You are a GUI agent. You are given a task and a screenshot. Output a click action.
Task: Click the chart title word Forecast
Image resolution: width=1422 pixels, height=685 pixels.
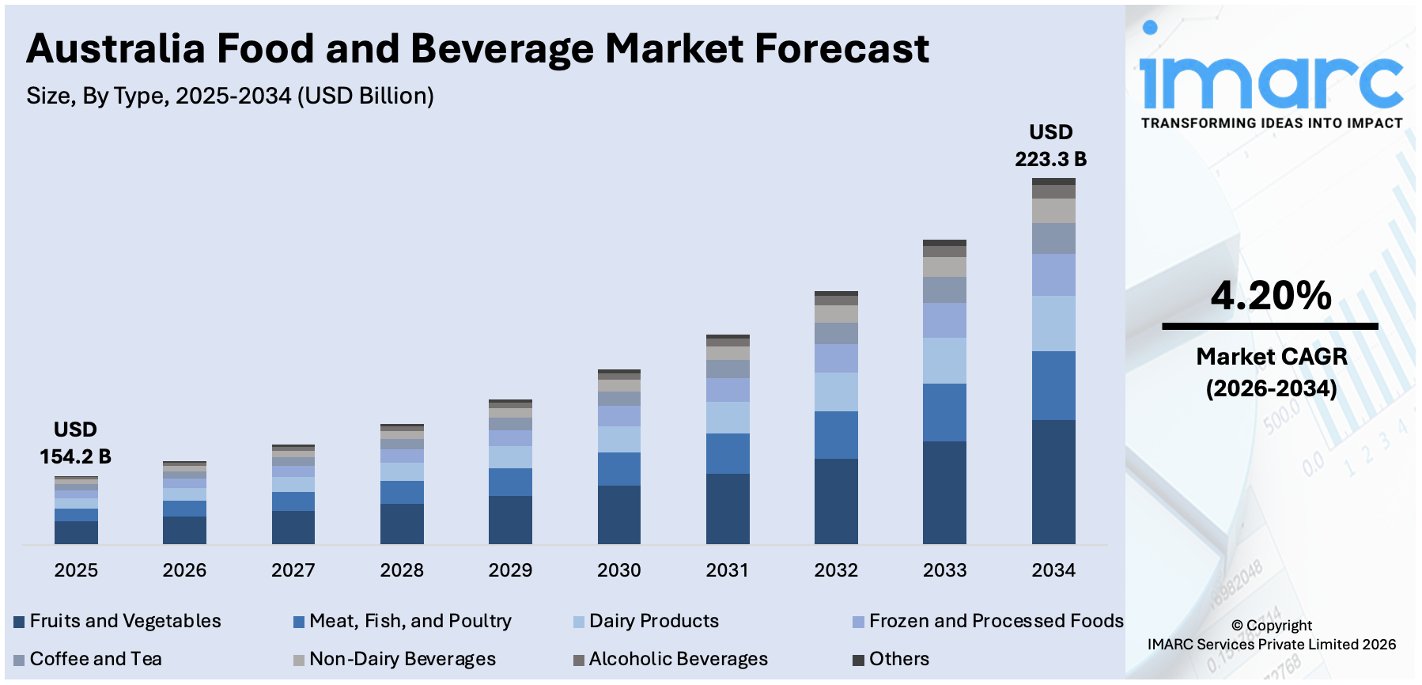841,49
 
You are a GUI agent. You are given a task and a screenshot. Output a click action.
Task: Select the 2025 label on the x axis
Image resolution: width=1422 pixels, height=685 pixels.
76,570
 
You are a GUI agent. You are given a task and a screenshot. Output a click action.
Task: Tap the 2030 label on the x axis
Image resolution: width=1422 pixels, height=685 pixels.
618,570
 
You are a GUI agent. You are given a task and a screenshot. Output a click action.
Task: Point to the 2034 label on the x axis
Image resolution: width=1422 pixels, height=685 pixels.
1053,570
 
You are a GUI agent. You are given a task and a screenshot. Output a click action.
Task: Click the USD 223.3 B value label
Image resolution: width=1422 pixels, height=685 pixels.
1050,146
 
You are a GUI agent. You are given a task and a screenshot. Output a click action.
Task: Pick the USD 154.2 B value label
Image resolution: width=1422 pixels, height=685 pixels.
75,444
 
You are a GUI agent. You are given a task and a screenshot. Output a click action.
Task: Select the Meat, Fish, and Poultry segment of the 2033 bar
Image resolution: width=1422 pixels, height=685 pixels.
944,412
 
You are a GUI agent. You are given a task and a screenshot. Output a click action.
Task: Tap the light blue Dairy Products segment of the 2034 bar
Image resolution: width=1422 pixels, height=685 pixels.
1053,324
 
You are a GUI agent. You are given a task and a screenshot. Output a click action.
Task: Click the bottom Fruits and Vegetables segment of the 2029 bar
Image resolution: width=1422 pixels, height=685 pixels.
510,520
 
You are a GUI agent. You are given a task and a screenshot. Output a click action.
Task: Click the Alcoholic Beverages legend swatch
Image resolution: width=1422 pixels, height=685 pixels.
579,660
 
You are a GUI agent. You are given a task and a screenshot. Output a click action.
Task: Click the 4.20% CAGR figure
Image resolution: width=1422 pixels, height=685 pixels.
1271,296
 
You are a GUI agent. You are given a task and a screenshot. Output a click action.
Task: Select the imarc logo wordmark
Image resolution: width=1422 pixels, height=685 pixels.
1271,79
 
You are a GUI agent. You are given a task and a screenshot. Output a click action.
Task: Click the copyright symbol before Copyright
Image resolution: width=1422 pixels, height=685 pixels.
1237,626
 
